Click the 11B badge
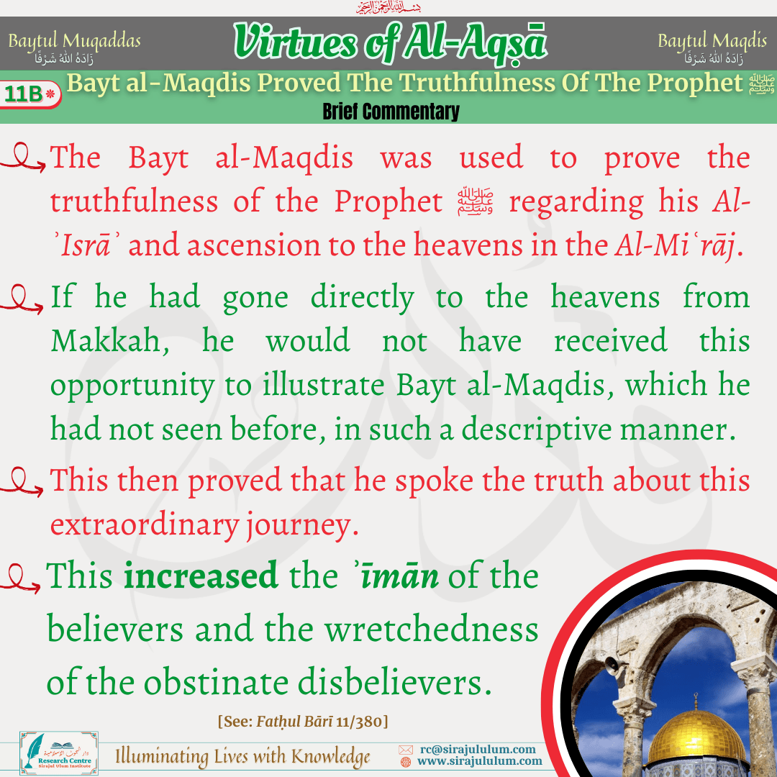coord(31,94)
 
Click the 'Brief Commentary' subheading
coord(391,112)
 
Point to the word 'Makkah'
coord(110,341)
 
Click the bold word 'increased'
coord(201,576)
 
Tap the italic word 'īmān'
coord(399,576)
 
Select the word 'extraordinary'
coord(145,524)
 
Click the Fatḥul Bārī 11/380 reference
coord(303,722)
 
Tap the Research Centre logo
coord(59,753)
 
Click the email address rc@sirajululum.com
coord(478,749)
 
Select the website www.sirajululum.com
coord(480,761)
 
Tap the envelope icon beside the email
coord(406,750)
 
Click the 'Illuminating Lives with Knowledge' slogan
coord(243,757)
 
